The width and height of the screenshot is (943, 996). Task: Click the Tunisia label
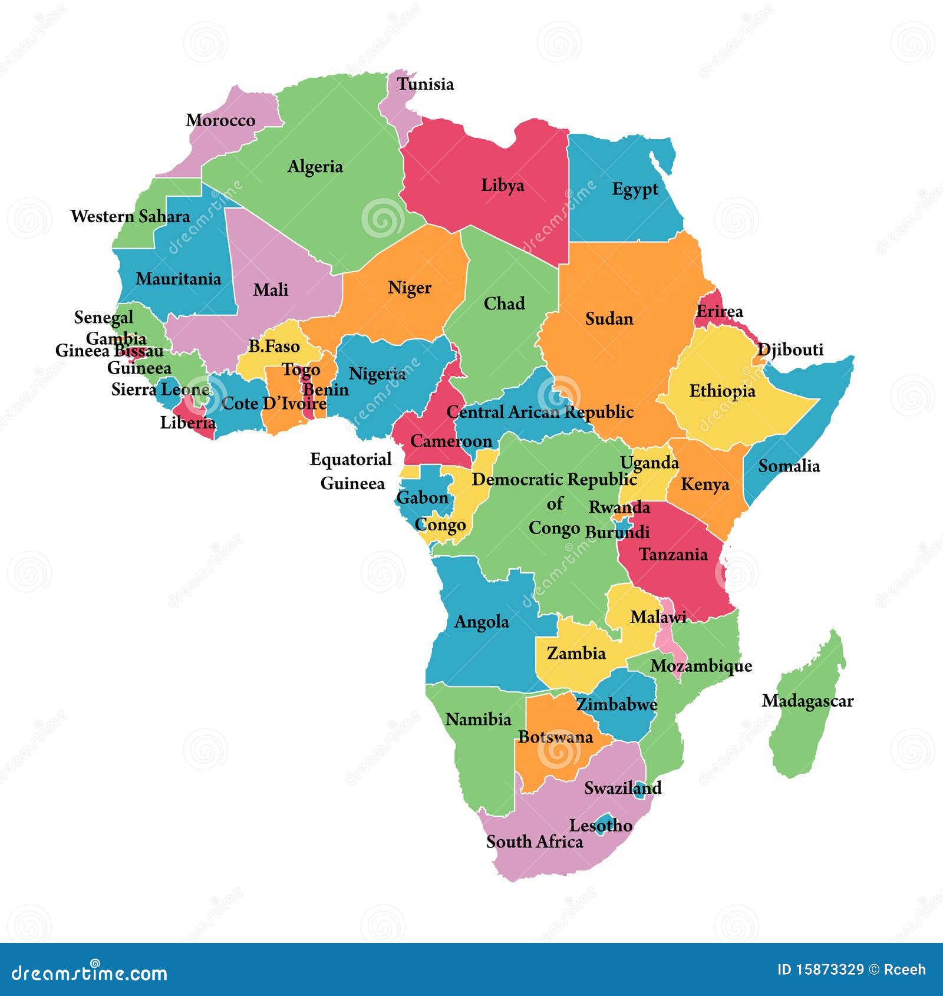click(x=425, y=84)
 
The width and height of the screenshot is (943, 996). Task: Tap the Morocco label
click(x=220, y=120)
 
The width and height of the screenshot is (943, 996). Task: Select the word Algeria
click(x=315, y=167)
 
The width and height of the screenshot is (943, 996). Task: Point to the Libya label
click(x=502, y=185)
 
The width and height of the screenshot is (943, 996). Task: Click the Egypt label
click(x=635, y=189)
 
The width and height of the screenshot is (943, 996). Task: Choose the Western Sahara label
click(x=130, y=216)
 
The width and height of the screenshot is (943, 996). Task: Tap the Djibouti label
click(x=790, y=349)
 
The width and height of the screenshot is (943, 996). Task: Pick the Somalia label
click(x=789, y=466)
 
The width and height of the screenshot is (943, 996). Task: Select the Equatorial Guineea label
click(x=351, y=471)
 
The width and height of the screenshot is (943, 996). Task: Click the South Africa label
click(x=535, y=842)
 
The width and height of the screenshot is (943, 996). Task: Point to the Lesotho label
click(x=601, y=826)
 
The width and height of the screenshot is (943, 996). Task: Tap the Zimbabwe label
click(x=616, y=704)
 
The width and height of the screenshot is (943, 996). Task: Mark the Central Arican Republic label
click(x=540, y=412)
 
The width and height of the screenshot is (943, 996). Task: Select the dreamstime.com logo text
click(x=90, y=972)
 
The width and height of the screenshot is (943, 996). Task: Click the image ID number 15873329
click(x=830, y=970)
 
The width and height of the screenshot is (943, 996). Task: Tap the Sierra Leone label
click(x=160, y=389)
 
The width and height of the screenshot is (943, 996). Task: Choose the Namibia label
click(x=478, y=719)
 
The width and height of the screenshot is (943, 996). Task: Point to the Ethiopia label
click(x=722, y=391)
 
